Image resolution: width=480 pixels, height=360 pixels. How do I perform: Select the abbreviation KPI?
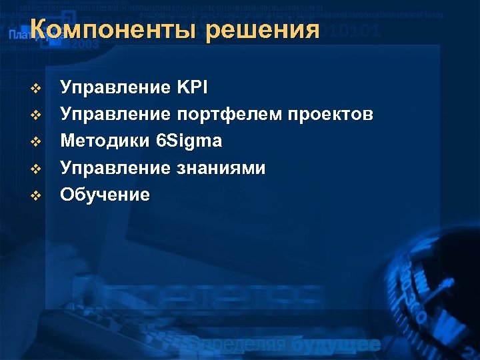pyautogui.click(x=193, y=87)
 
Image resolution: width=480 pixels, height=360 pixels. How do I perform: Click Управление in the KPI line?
pyautogui.click(x=115, y=87)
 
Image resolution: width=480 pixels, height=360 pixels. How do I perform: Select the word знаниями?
pyautogui.click(x=221, y=168)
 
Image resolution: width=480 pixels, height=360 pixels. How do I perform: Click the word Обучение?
pyautogui.click(x=105, y=195)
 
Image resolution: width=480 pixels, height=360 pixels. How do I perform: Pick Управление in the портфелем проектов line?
pyautogui.click(x=115, y=115)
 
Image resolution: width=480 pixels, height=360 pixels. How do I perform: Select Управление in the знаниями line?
pyautogui.click(x=115, y=168)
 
